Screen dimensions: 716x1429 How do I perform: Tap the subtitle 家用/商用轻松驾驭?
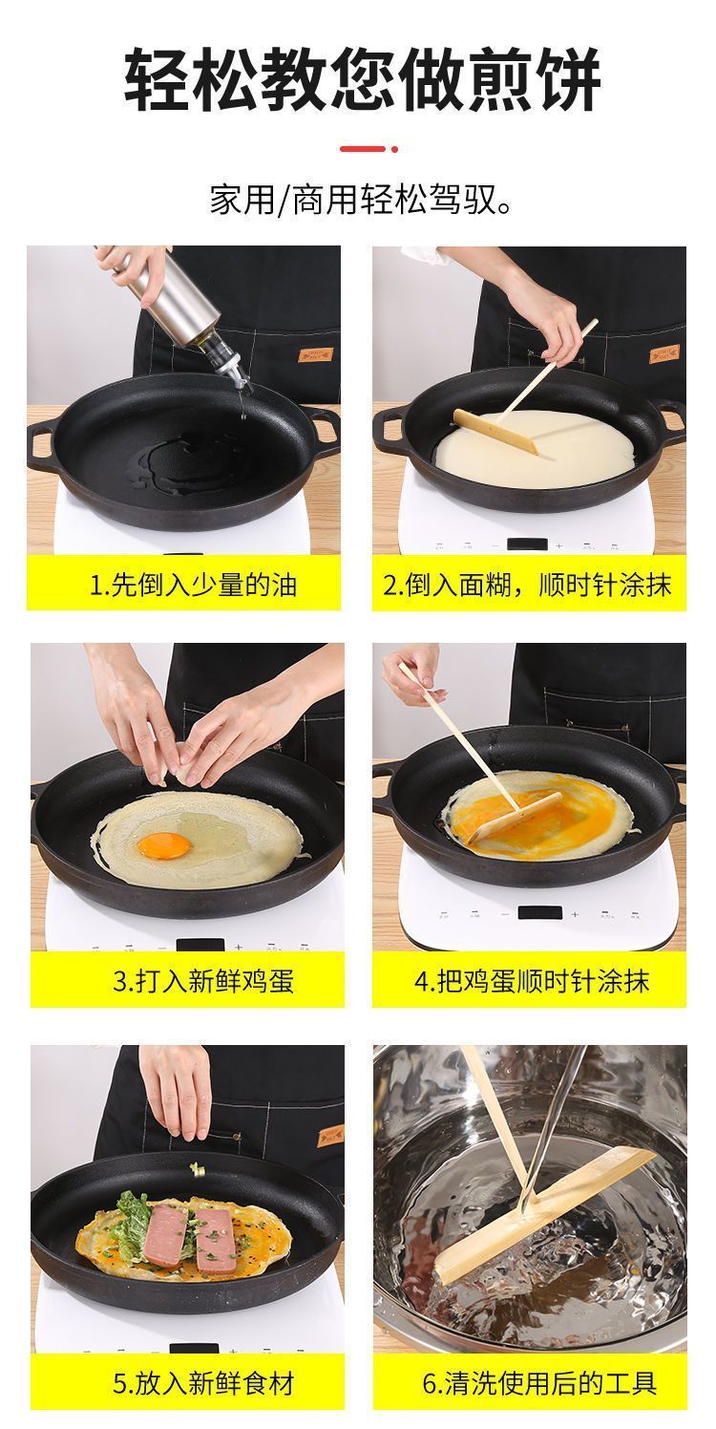click(x=362, y=200)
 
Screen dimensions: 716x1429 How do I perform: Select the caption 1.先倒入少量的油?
click(x=193, y=585)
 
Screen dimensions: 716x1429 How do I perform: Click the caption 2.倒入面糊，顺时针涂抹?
click(x=527, y=585)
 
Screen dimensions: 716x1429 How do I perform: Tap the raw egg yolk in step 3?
click(x=164, y=845)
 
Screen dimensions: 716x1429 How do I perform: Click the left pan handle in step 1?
click(x=43, y=442)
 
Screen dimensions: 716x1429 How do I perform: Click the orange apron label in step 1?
click(x=315, y=354)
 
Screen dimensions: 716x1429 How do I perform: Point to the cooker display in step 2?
click(x=527, y=544)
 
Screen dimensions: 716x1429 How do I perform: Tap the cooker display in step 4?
click(x=539, y=913)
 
